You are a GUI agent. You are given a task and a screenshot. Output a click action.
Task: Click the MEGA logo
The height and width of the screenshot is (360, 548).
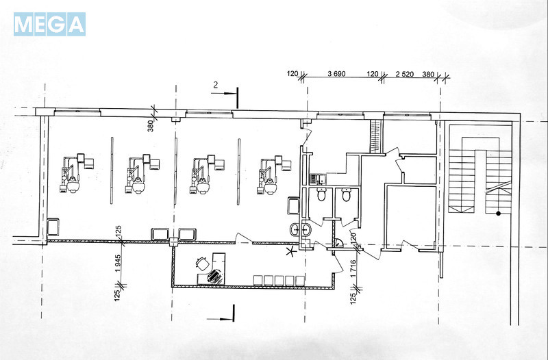(49, 25)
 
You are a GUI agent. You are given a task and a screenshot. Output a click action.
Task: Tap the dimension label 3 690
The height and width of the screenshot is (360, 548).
(336, 74)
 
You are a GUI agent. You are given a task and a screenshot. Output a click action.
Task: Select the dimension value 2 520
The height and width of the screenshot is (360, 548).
(405, 74)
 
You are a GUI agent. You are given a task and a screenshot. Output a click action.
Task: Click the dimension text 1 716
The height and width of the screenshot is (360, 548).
(353, 268)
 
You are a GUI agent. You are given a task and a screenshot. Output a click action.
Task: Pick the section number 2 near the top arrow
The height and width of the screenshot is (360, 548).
(216, 85)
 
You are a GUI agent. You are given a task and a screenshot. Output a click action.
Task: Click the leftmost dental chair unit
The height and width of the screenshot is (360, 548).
(76, 173)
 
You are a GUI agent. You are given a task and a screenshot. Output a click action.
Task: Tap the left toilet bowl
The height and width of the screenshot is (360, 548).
(321, 194)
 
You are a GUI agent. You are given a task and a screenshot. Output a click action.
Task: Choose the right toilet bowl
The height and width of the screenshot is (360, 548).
(347, 194)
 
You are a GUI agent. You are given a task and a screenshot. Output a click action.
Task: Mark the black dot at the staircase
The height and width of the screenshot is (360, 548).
(499, 214)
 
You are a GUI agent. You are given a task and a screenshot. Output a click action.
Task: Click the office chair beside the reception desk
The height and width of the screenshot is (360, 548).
(202, 263)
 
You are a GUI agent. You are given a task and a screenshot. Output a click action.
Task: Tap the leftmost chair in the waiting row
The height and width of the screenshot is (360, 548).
(258, 281)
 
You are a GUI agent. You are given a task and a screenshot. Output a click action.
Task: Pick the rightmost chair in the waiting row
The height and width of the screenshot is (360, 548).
(300, 281)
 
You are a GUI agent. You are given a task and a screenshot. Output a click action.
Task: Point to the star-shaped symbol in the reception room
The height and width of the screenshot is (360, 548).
(290, 251)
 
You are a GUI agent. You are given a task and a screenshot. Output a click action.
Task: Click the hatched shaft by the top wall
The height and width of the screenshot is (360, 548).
(375, 136)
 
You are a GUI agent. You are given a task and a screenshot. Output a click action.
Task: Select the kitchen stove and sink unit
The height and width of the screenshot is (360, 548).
(318, 179)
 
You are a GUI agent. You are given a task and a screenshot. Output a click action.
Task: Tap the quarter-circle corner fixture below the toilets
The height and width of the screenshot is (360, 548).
(338, 242)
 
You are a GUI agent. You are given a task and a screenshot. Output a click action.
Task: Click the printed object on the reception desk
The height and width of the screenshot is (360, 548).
(215, 277)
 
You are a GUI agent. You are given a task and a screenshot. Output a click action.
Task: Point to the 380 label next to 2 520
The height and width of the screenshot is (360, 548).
(428, 74)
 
